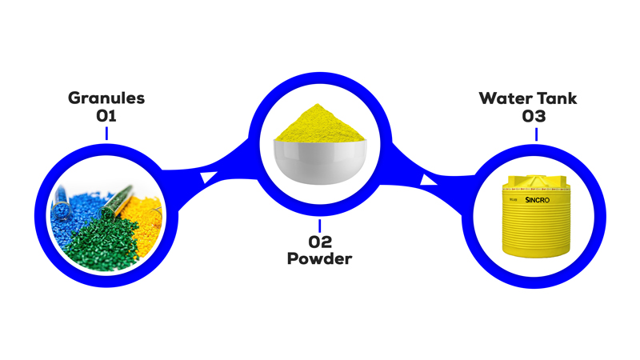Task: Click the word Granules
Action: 106,98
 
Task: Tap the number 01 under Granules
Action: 106,116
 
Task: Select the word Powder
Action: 319,258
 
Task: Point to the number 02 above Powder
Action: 320,242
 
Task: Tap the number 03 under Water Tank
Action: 534,116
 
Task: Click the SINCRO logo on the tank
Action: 537,200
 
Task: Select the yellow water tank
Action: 535,216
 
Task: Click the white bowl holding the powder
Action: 320,162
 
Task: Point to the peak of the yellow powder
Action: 317,105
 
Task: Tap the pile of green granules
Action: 102,241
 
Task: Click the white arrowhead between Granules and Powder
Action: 208,178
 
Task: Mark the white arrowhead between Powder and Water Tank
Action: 428,181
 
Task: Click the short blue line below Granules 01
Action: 106,133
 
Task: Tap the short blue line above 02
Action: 319,226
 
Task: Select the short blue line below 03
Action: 536,134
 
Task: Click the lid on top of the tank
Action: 535,179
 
